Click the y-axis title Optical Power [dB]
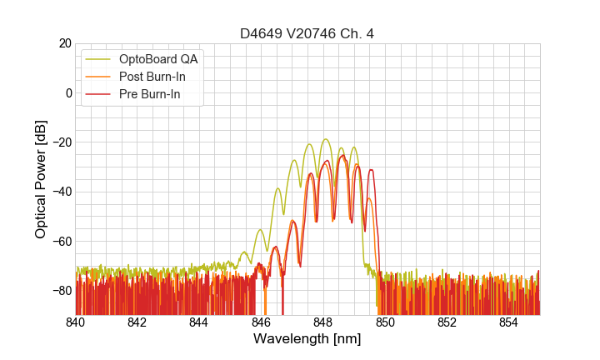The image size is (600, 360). point(41,178)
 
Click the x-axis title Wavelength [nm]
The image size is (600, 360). point(307,339)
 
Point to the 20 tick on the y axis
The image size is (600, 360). point(64,43)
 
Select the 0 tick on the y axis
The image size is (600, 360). point(67,92)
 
